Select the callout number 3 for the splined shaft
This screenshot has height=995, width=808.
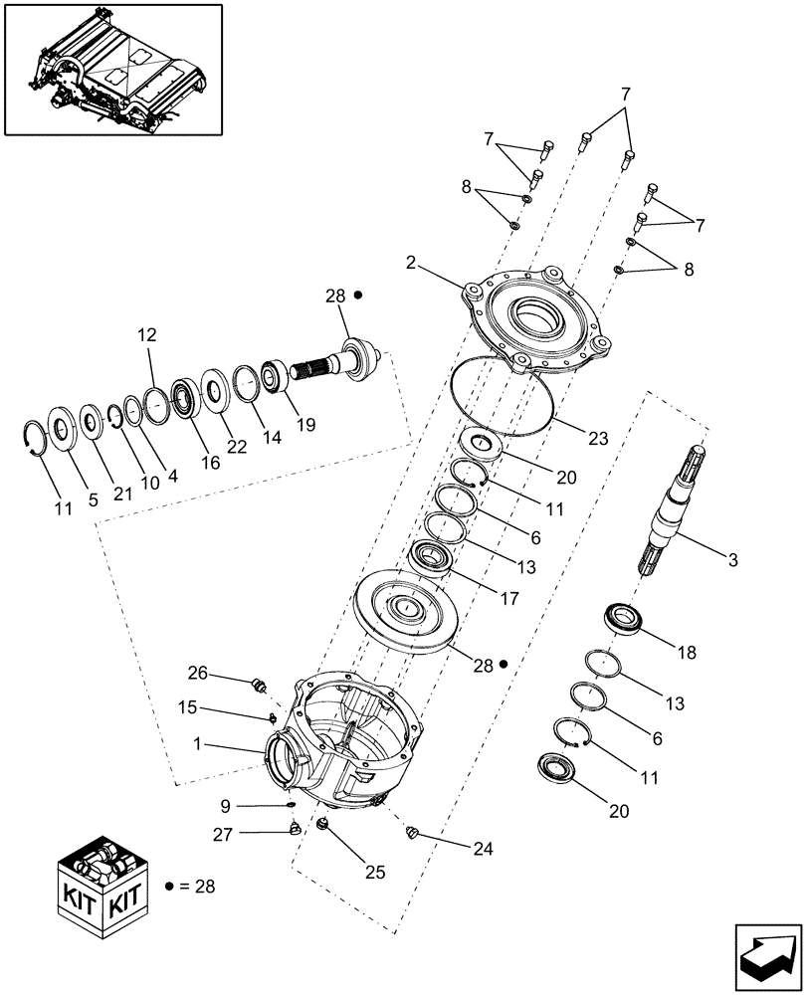click(x=732, y=560)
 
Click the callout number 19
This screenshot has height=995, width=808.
click(x=305, y=424)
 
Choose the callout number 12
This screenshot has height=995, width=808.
click(x=146, y=335)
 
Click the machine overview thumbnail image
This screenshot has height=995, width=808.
click(x=112, y=69)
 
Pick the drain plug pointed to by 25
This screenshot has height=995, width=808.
click(x=323, y=825)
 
